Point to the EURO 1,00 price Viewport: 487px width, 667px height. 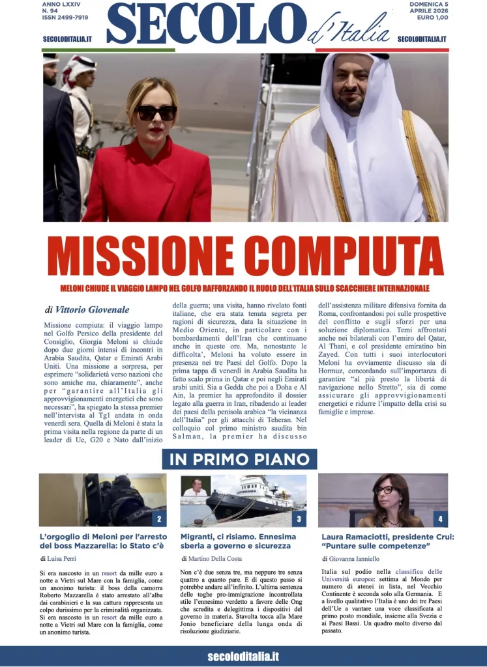pyautogui.click(x=428, y=18)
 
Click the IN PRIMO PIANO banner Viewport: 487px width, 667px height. pyautogui.click(x=239, y=459)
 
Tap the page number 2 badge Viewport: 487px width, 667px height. pyautogui.click(x=158, y=519)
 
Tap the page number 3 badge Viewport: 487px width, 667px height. pyautogui.click(x=299, y=519)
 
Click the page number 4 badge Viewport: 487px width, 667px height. pyautogui.click(x=440, y=519)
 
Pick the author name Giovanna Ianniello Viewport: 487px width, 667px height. pyautogui.click(x=359, y=559)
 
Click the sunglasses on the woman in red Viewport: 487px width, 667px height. pyautogui.click(x=156, y=113)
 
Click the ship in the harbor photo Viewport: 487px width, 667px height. pyautogui.click(x=254, y=500)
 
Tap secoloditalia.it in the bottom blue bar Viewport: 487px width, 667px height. pyautogui.click(x=243, y=657)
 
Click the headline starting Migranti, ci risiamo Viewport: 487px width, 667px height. pyautogui.click(x=238, y=541)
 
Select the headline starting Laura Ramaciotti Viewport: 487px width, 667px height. pyautogui.click(x=387, y=541)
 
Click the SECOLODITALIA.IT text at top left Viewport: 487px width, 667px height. pyautogui.click(x=67, y=39)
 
